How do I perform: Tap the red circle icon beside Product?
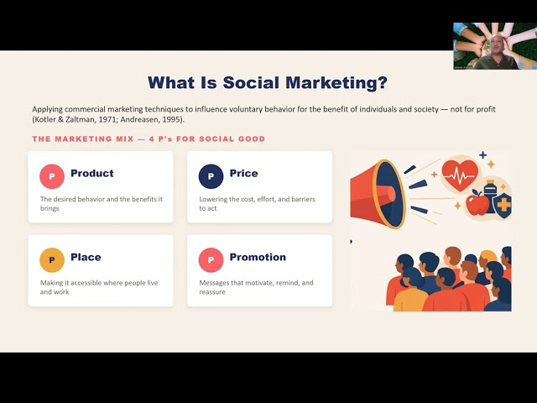tap(52, 176)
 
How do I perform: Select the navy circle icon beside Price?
tap(211, 176)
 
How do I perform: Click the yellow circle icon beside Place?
tap(52, 260)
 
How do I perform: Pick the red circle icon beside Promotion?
tap(211, 260)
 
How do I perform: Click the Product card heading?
tap(92, 173)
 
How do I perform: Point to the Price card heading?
tap(244, 173)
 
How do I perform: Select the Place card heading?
tap(86, 257)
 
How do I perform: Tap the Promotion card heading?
tap(258, 257)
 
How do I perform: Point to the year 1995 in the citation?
tap(172, 120)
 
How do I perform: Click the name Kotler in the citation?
tap(44, 120)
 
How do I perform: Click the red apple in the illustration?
tap(477, 203)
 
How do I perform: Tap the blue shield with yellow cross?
tap(503, 204)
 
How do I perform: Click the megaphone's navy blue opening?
tap(389, 195)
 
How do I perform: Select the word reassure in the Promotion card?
tap(212, 292)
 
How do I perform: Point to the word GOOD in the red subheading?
tap(254, 139)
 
